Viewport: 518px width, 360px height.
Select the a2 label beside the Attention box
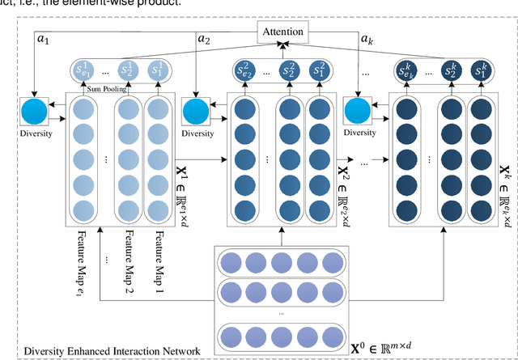[204, 38]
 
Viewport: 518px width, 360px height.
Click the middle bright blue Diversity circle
[195, 112]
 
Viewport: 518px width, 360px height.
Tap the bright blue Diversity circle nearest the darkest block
[357, 112]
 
